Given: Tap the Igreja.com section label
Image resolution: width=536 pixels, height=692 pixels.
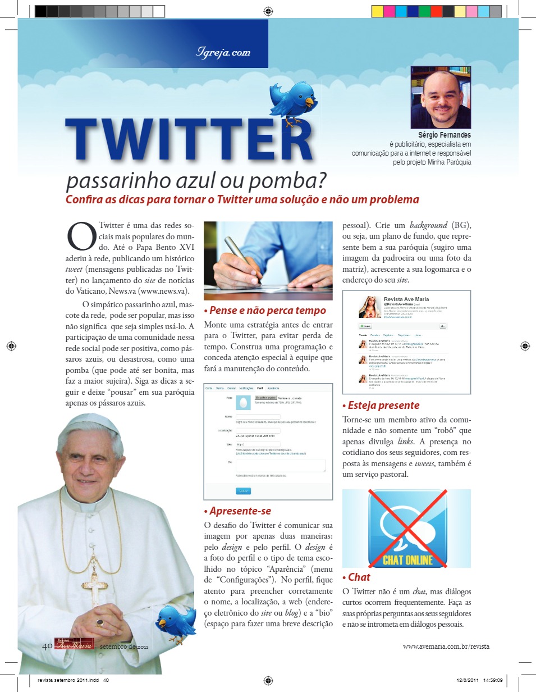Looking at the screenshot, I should click(223, 53).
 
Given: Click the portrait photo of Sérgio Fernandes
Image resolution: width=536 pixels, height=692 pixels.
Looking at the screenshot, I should click(440, 98).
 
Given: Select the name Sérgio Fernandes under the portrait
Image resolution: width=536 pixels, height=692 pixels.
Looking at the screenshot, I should click(445, 135).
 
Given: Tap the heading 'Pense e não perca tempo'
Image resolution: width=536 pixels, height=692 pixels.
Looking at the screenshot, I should click(264, 310).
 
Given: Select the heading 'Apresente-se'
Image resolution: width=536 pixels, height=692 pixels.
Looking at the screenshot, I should click(237, 511).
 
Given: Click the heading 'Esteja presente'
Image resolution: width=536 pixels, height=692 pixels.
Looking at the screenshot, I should click(381, 405).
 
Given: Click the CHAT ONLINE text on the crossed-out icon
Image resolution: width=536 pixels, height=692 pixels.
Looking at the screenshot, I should click(407, 559).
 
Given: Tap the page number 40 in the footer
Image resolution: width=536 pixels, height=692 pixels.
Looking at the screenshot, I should click(47, 646).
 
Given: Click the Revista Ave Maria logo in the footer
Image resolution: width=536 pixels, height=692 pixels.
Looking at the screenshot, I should click(74, 644).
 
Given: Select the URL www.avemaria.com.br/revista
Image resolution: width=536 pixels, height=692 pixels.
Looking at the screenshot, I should click(446, 647).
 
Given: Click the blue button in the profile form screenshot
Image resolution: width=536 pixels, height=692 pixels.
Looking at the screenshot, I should click(243, 490).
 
